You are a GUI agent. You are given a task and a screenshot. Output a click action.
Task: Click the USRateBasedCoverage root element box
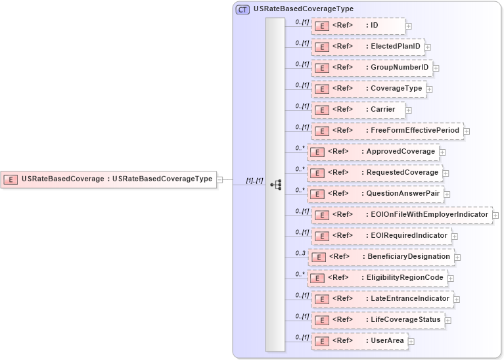(108, 179)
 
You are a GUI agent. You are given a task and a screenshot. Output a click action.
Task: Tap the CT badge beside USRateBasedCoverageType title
(242, 9)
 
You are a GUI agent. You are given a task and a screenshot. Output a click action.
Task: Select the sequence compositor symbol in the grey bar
(276, 185)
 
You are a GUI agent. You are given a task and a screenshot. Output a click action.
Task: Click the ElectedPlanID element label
(394, 47)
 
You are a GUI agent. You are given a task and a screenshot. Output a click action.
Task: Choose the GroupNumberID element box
(371, 68)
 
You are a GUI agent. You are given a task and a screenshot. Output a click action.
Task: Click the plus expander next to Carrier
(409, 110)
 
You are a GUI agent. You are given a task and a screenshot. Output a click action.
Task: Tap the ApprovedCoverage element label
(401, 152)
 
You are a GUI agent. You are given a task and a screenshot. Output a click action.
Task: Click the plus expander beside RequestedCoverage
(446, 173)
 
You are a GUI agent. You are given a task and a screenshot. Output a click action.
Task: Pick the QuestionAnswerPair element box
(375, 194)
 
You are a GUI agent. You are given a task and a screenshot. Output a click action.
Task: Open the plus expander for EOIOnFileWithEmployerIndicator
(495, 215)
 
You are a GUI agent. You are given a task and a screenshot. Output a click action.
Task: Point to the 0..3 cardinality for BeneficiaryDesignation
(301, 253)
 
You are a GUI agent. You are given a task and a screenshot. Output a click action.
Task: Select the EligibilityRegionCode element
(379, 278)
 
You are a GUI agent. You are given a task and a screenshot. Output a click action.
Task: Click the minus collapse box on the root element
(220, 179)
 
